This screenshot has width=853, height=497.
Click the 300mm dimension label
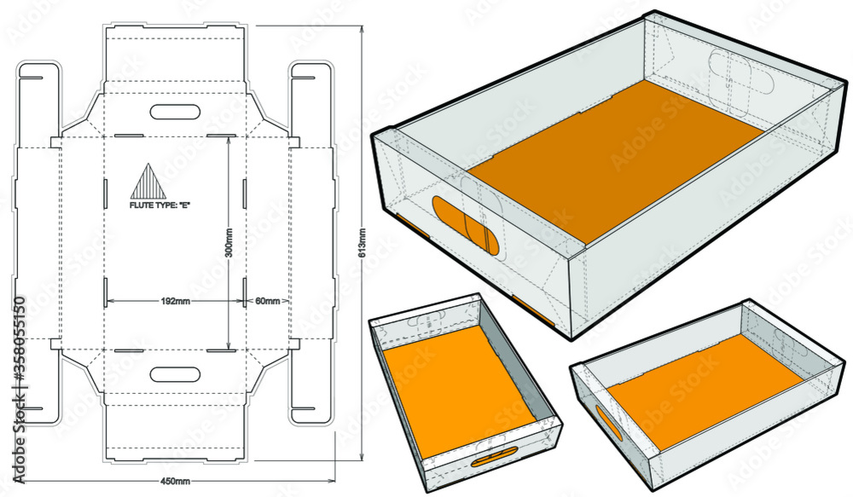[x=228, y=244]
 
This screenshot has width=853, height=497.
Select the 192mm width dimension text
[x=175, y=301]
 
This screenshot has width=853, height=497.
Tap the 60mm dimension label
[x=267, y=301]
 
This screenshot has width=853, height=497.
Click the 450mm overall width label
[x=175, y=482]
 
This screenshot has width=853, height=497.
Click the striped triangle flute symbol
[x=143, y=181]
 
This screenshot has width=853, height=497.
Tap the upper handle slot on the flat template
[x=175, y=112]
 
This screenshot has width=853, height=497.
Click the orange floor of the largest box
[x=614, y=162]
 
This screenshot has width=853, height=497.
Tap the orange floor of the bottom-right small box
[x=699, y=388]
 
